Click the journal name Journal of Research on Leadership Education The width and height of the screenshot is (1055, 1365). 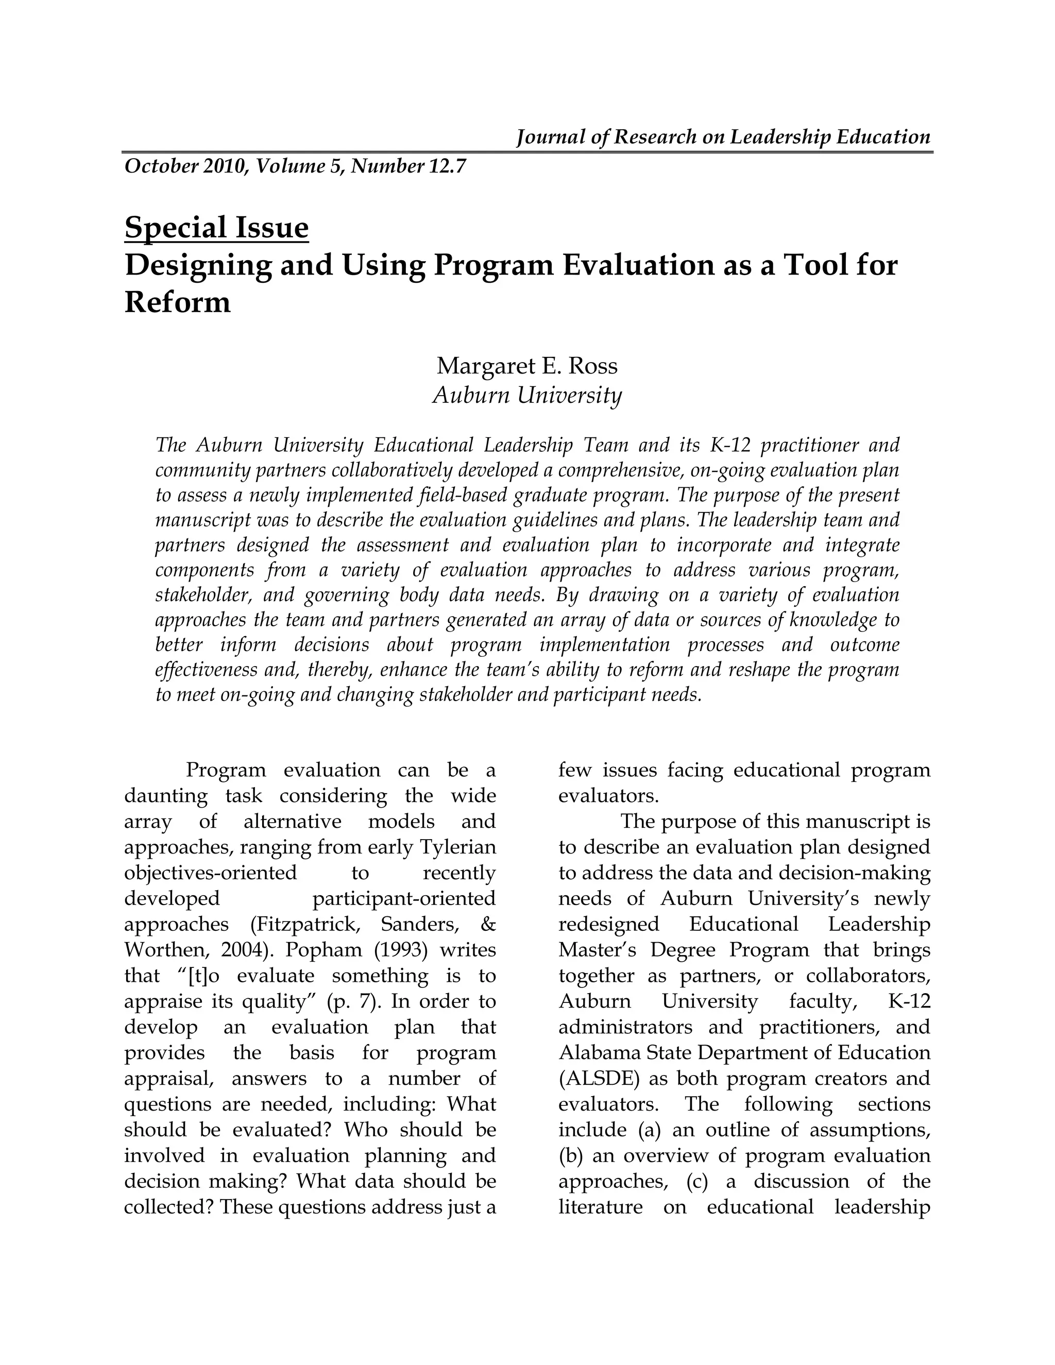click(723, 137)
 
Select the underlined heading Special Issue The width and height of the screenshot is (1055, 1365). click(216, 228)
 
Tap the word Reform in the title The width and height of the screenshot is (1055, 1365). click(178, 302)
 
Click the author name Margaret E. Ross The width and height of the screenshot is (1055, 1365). click(527, 366)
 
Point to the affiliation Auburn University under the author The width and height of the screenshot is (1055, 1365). click(527, 395)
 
